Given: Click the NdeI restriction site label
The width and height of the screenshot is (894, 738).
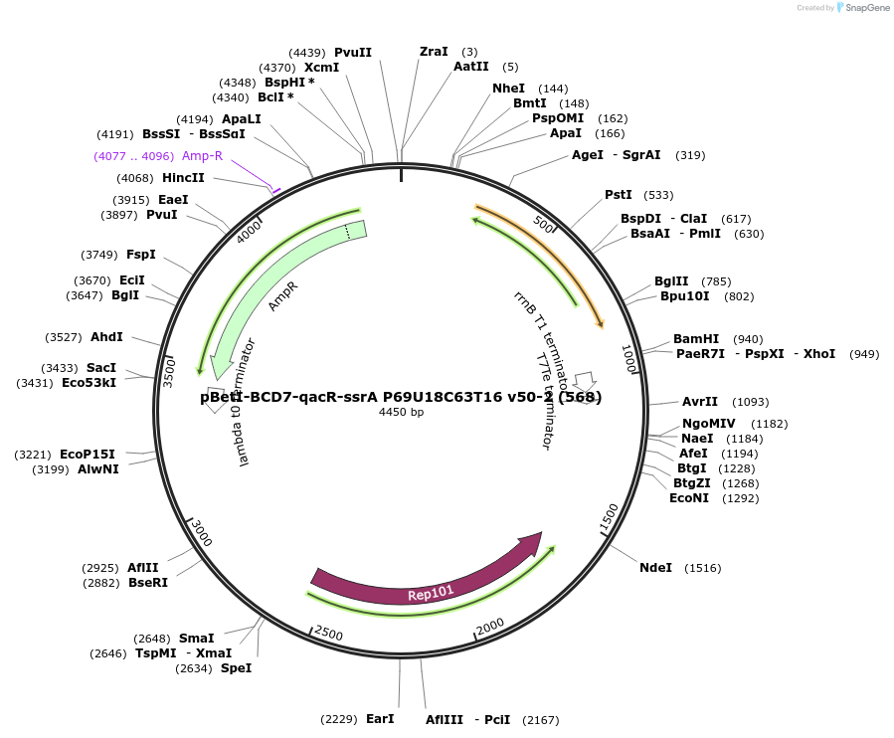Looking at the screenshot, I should pyautogui.click(x=655, y=568).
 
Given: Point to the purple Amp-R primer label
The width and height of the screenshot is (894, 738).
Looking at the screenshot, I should pyautogui.click(x=202, y=156).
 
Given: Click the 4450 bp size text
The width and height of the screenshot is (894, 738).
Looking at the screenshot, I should pyautogui.click(x=401, y=412).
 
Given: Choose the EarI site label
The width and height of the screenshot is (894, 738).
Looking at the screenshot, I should pyautogui.click(x=380, y=719).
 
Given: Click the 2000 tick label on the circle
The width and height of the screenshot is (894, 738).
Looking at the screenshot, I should pyautogui.click(x=491, y=625).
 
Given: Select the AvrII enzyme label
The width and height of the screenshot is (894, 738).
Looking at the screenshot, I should pyautogui.click(x=699, y=402).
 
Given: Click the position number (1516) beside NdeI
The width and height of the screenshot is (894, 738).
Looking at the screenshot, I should pyautogui.click(x=702, y=568).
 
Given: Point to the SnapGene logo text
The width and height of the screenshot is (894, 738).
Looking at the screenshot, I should pyautogui.click(x=865, y=8).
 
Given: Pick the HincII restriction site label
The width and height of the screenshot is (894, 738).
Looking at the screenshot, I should pyautogui.click(x=183, y=178).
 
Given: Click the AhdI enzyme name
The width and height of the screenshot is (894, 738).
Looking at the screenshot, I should pyautogui.click(x=106, y=337).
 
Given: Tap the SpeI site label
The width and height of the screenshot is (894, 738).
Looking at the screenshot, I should pyautogui.click(x=236, y=668).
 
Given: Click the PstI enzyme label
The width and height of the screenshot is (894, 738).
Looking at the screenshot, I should pyautogui.click(x=619, y=194).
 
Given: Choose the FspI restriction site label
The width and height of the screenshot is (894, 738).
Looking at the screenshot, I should pyautogui.click(x=140, y=255).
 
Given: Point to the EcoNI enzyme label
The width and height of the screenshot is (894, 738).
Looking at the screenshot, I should pyautogui.click(x=689, y=498).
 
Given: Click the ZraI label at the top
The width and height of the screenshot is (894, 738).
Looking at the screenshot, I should pyautogui.click(x=434, y=52).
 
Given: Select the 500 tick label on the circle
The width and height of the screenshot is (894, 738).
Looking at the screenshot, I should pyautogui.click(x=544, y=224).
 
